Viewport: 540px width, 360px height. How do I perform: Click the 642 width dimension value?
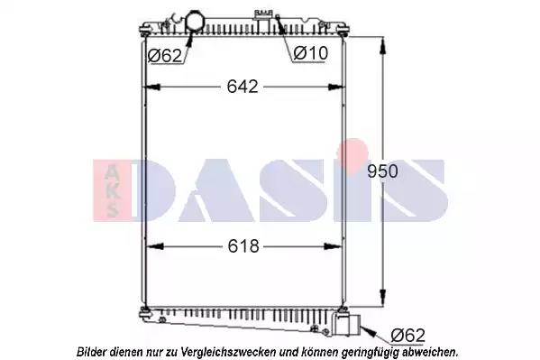(x=243, y=87)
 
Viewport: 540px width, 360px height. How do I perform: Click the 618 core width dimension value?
(x=243, y=246)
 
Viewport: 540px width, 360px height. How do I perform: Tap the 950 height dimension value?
(x=382, y=171)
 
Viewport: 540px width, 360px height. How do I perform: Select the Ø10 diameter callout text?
(x=311, y=53)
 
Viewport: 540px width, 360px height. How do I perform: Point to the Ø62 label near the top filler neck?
(x=165, y=56)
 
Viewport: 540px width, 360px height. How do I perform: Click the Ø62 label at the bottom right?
(x=408, y=335)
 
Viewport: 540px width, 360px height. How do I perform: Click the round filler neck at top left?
(x=195, y=22)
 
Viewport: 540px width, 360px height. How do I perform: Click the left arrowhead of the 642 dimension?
(x=152, y=87)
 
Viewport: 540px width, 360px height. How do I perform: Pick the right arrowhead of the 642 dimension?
(x=335, y=87)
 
